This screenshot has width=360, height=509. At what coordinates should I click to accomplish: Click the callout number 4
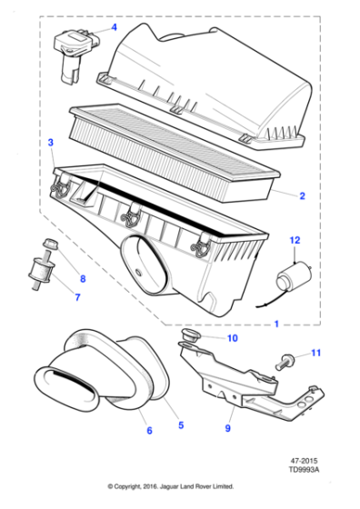click(115, 28)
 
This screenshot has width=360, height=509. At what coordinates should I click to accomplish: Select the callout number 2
click(302, 195)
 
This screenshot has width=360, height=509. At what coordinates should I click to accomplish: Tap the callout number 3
click(51, 143)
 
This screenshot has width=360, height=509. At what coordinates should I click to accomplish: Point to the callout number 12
click(294, 241)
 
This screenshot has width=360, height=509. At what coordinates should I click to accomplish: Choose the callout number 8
click(83, 278)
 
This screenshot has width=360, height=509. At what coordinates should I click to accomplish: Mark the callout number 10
click(232, 339)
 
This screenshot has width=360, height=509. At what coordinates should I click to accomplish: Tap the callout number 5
click(180, 424)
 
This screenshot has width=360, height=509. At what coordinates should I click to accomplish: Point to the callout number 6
click(149, 431)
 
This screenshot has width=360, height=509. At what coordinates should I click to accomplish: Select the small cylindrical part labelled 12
click(295, 275)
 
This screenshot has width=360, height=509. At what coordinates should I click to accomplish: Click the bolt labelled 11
click(287, 360)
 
